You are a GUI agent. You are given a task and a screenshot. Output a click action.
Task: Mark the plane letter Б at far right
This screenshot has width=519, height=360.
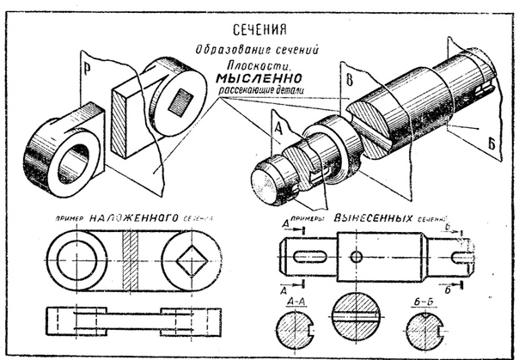[493, 143]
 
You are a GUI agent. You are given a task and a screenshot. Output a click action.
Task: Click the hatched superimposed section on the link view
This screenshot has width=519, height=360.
[131, 256]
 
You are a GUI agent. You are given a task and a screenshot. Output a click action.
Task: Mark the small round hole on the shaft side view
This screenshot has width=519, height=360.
[356, 256]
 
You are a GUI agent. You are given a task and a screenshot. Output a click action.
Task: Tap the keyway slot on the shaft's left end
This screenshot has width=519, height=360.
[308, 256]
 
